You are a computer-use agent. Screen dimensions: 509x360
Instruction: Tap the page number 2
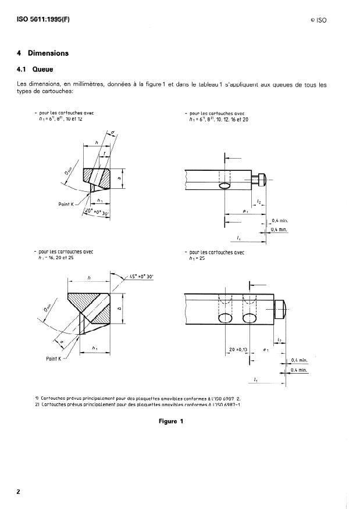coord(19,492)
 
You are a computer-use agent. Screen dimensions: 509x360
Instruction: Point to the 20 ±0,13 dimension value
coord(237,350)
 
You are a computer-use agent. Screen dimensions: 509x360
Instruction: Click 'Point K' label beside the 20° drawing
coord(70,204)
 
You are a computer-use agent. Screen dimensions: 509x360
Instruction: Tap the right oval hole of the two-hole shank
coord(251,318)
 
